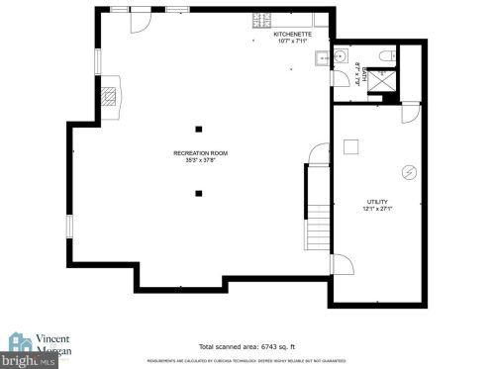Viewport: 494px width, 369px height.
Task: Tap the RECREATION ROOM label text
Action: [x=200, y=153]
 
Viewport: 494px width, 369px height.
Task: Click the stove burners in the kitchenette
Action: [x=263, y=18]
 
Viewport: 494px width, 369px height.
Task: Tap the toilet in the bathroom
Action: [x=386, y=54]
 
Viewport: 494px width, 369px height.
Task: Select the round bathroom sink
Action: [x=338, y=55]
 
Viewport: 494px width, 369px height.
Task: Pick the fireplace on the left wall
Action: [x=112, y=95]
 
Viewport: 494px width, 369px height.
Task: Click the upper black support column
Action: [x=199, y=128]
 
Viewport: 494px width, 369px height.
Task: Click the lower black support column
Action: [x=199, y=193]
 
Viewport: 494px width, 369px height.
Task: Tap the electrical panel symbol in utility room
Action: [x=408, y=172]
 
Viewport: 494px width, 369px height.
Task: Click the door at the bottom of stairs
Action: [x=340, y=263]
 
